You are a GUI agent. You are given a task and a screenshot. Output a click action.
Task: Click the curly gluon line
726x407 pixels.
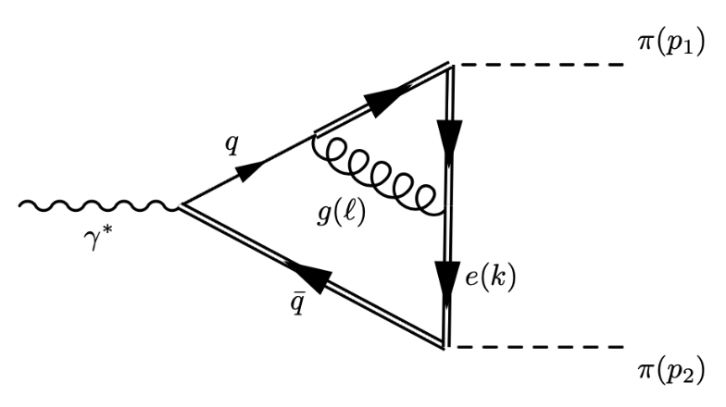[x=380, y=176]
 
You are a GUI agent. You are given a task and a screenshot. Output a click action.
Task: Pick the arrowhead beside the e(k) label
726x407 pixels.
[x=447, y=275]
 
